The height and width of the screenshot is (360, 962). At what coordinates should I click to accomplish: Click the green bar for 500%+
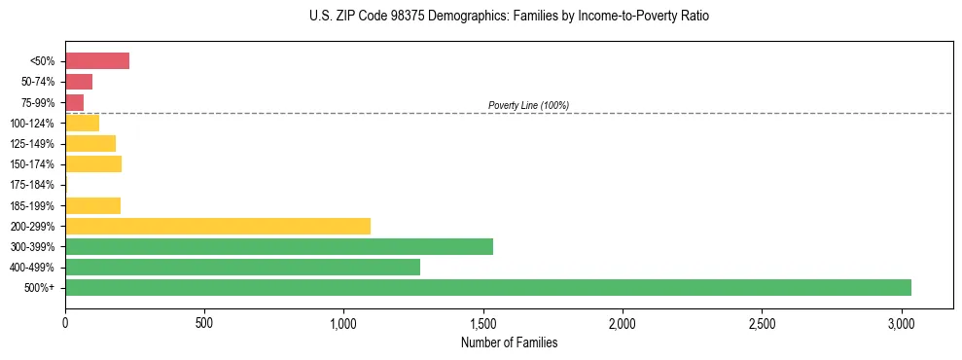(487, 287)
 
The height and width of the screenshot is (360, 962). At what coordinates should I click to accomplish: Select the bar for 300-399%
(279, 246)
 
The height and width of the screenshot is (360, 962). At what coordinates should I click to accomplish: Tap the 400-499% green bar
(242, 267)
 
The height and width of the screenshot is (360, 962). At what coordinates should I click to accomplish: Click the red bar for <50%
(97, 61)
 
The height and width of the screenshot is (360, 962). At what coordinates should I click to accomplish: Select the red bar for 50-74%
(79, 82)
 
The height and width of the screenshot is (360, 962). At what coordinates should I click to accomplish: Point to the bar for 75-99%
(74, 102)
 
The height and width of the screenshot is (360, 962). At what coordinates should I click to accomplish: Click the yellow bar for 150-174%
(93, 163)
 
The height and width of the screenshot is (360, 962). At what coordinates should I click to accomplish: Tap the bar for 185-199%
(92, 205)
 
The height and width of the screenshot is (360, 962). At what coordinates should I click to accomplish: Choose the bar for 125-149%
(90, 143)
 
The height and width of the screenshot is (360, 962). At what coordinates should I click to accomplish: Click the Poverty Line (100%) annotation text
(528, 105)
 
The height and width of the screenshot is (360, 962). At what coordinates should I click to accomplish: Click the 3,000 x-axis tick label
(902, 322)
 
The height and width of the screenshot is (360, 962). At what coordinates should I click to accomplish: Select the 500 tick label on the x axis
(204, 322)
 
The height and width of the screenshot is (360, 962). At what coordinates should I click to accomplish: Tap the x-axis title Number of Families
(509, 342)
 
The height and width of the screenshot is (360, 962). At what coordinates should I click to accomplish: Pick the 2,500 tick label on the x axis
(762, 322)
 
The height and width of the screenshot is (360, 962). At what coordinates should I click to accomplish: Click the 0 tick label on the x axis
(65, 322)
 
